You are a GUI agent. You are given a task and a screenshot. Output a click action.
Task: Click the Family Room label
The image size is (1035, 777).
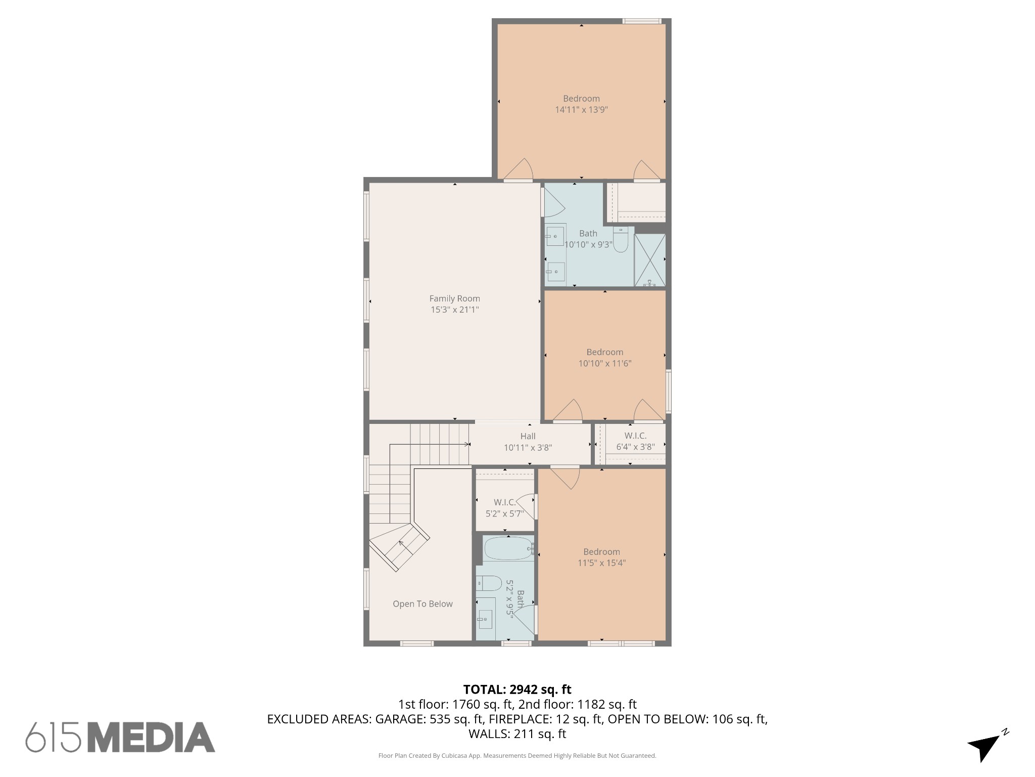click(454, 298)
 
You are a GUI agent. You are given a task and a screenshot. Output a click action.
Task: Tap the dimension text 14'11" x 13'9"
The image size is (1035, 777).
click(581, 110)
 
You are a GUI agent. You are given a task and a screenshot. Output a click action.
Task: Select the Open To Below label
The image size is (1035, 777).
click(422, 603)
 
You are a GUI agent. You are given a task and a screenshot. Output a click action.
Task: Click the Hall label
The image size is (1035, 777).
click(528, 436)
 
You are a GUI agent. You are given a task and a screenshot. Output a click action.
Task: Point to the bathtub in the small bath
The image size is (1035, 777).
click(508, 548)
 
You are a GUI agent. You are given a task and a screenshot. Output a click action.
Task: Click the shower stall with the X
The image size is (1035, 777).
click(649, 260)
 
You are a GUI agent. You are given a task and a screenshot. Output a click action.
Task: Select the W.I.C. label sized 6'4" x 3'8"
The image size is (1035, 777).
click(635, 436)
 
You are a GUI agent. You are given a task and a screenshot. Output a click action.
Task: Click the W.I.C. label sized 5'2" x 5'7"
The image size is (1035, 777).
click(504, 502)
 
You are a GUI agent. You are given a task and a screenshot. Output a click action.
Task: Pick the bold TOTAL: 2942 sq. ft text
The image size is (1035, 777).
click(517, 689)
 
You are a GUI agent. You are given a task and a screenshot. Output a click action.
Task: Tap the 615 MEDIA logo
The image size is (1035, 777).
click(120, 737)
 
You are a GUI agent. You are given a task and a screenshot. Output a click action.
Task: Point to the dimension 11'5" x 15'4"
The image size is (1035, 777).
click(601, 563)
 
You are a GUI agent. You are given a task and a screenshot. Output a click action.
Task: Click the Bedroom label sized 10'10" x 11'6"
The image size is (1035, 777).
click(604, 352)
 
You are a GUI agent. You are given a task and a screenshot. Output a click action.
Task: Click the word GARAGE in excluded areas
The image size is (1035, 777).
click(399, 719)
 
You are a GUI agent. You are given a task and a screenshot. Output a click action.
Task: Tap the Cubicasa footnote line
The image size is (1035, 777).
click(517, 756)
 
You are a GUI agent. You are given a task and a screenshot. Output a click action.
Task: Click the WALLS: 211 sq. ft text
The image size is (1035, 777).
click(517, 733)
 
